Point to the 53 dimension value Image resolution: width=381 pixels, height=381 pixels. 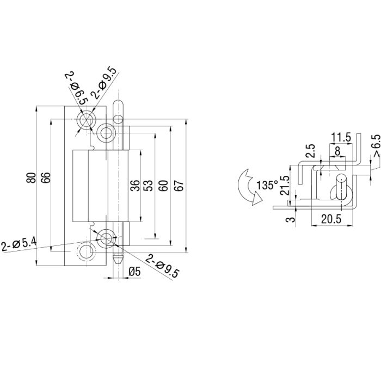(x=148, y=185)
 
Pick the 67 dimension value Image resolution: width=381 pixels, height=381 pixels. (x=178, y=185)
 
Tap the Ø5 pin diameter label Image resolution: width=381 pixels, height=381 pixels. (x=134, y=271)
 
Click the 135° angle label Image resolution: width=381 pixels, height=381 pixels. (x=267, y=186)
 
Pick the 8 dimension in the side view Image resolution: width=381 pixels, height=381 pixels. (x=338, y=150)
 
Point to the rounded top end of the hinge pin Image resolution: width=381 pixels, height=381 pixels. (x=116, y=105)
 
